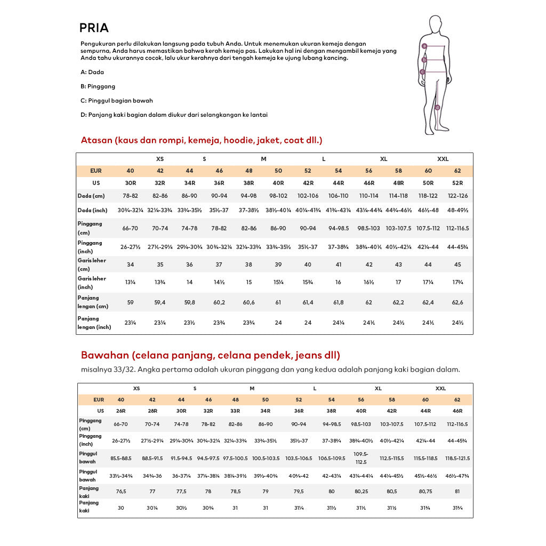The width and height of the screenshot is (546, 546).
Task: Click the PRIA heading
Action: point(94,28)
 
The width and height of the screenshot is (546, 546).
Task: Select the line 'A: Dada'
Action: point(92,72)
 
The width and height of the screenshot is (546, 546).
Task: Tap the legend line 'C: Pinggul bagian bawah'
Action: point(117,100)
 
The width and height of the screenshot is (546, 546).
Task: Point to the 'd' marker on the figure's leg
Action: point(437,107)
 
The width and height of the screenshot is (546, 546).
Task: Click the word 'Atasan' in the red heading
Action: point(97,140)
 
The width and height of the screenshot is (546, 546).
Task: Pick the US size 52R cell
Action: point(457,183)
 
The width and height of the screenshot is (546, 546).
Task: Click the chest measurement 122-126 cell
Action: point(457,196)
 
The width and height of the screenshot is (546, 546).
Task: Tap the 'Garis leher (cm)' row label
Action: point(92,264)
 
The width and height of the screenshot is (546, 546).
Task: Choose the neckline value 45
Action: point(457,265)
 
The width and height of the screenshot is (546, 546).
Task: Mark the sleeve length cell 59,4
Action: point(159,302)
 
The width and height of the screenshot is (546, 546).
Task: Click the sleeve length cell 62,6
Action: point(457,302)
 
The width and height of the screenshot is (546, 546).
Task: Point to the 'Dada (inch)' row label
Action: point(93,211)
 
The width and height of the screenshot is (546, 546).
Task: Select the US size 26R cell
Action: point(121,411)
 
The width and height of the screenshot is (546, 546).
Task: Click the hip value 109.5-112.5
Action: point(361,458)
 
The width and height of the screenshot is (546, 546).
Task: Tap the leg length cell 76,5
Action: point(121,492)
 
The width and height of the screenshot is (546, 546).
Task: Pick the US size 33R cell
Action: point(236,411)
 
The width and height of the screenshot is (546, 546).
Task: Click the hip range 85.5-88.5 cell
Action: point(121,458)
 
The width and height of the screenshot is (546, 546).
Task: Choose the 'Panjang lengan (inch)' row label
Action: point(94,323)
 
